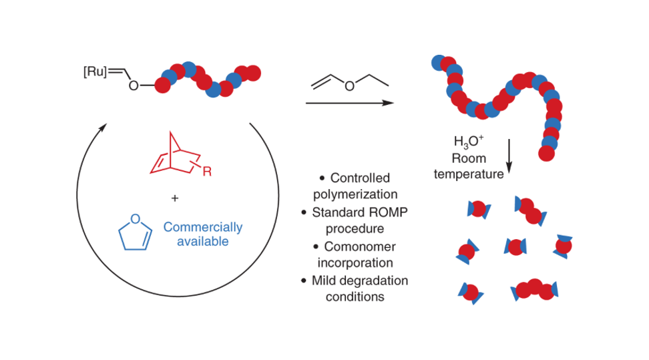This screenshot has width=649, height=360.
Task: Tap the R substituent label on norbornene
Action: pos(208,172)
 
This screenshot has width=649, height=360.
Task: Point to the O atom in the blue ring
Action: pos(135,218)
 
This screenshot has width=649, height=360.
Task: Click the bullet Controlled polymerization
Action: pos(356,186)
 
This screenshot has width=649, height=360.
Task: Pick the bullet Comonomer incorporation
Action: pos(356,254)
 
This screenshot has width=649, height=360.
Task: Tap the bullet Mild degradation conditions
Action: pos(356,289)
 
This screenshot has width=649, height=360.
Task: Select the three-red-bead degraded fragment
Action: pos(534,289)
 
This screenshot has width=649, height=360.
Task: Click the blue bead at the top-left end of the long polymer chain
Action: pos(438,62)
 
